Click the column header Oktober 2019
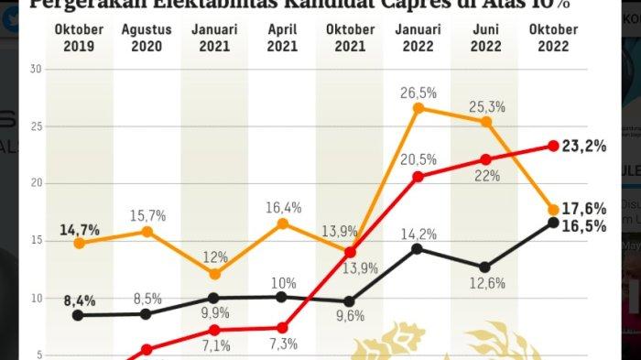pos(79,38)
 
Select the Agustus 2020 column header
pos(146,38)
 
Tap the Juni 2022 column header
pos(485,38)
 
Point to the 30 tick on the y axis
pos(36,69)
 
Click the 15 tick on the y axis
pos(36,241)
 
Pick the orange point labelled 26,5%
pos(418,108)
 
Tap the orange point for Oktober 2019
pos(79,243)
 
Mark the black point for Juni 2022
pos(485,267)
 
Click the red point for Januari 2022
pos(418,176)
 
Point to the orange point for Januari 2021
pos(214,274)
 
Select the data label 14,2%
pos(418,233)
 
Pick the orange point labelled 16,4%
pos(282,224)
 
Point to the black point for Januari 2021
pos(214,298)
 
